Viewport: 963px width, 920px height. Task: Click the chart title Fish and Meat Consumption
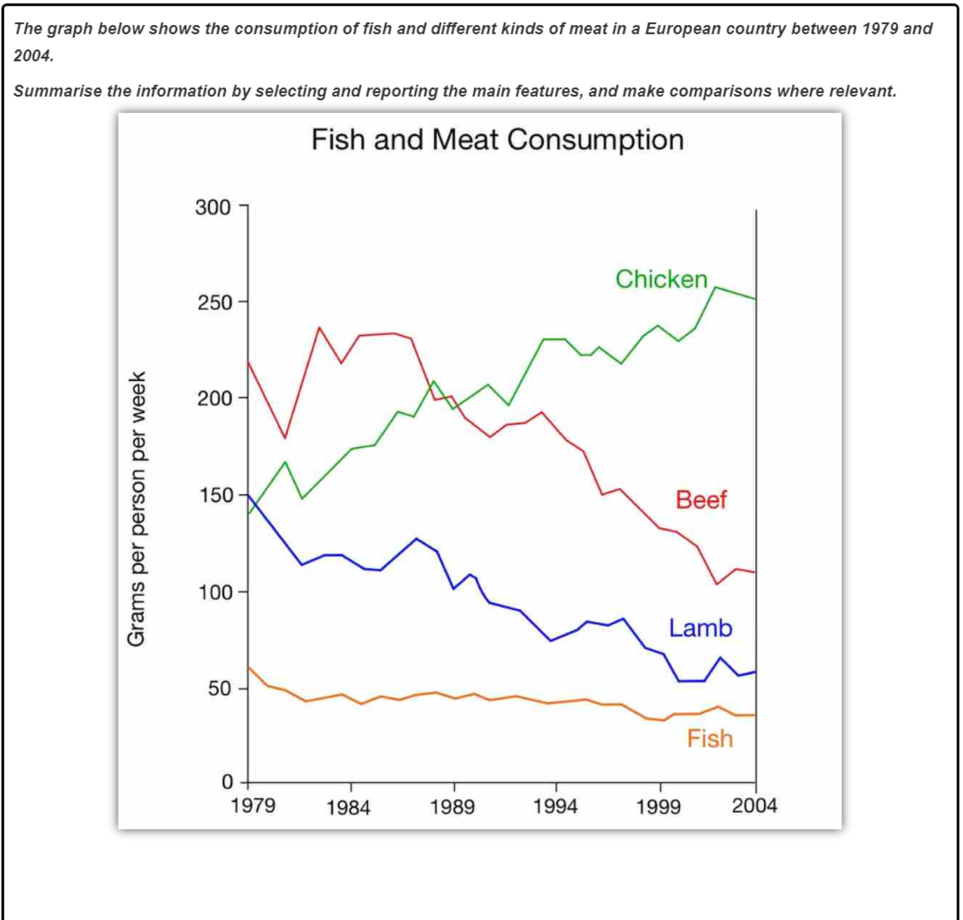tap(497, 140)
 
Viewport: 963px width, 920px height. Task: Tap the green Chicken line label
tap(661, 279)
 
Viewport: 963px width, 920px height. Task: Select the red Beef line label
tap(701, 500)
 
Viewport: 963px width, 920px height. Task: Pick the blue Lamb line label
tap(701, 628)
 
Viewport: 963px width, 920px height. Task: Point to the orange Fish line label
tap(710, 739)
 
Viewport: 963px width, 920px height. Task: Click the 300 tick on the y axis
tap(213, 208)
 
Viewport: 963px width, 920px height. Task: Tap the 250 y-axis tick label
tap(214, 303)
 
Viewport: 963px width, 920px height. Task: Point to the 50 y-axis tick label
tap(219, 689)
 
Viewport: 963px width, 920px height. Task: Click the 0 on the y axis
tap(227, 782)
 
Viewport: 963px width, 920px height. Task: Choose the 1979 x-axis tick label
tap(253, 806)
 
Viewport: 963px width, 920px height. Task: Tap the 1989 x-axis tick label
tap(452, 807)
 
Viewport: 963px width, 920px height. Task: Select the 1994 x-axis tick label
tap(555, 807)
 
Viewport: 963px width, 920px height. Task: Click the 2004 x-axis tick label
tap(754, 806)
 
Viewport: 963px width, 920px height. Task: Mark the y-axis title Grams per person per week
tap(136, 509)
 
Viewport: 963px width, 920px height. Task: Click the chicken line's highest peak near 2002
tap(716, 287)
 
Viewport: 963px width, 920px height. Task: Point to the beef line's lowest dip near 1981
tap(285, 438)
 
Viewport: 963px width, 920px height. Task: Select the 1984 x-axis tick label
tap(348, 808)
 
